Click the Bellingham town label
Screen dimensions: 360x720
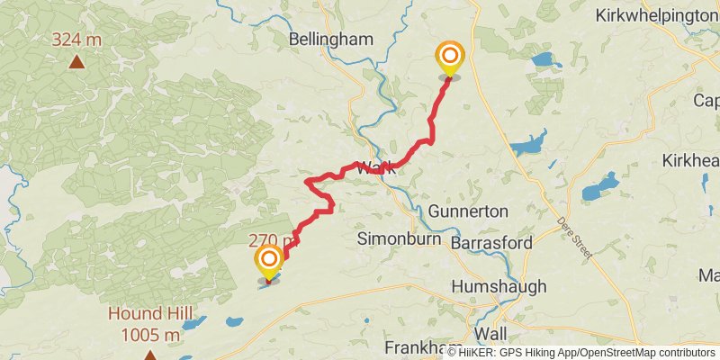coord(330,39)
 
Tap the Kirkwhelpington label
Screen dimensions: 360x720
coord(656,15)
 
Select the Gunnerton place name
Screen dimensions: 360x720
coord(468,211)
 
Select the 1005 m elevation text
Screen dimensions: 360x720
coord(150,336)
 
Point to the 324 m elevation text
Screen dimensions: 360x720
coord(76,40)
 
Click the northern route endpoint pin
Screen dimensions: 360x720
coord(449,58)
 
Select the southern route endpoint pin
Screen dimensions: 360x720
coord(269,262)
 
